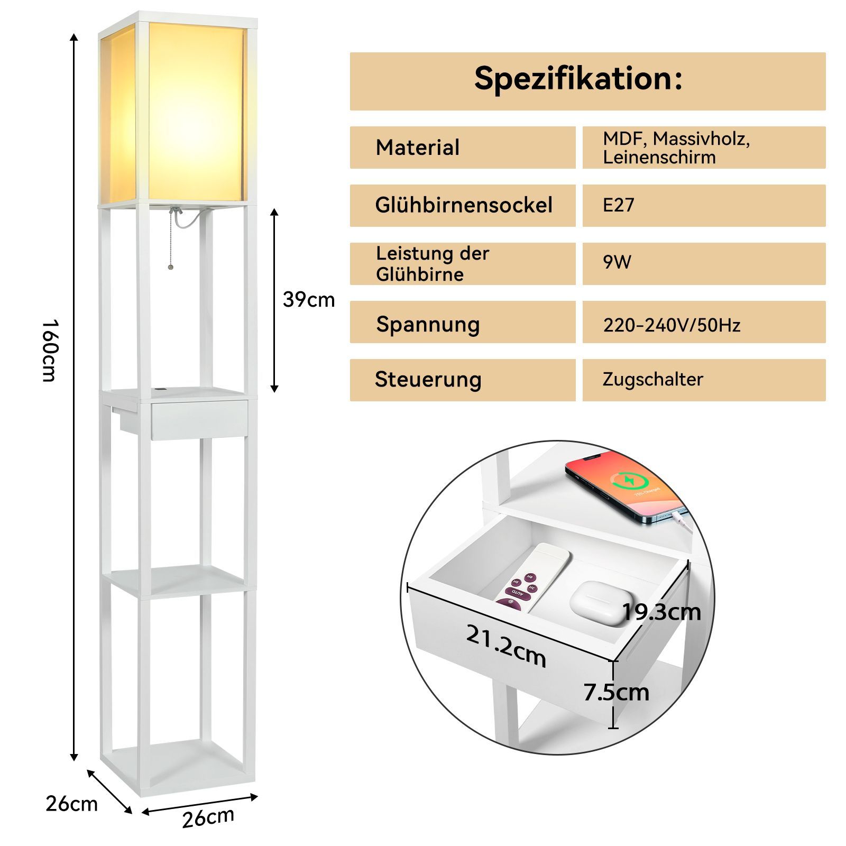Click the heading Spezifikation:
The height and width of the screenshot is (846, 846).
[x=578, y=79]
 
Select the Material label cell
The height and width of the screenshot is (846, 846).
[x=463, y=148]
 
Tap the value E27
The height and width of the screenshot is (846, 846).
[x=619, y=205]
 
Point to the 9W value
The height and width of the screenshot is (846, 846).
[x=617, y=262]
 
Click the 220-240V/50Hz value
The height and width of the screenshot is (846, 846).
[x=672, y=325]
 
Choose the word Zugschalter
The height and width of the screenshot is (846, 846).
[x=653, y=380]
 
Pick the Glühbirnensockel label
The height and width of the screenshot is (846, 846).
[x=464, y=205]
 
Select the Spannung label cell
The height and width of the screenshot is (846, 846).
[x=463, y=322]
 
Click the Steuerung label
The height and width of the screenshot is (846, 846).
[x=428, y=380]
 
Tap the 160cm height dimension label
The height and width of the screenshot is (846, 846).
[x=50, y=350]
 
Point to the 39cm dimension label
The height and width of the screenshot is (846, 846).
[x=309, y=300]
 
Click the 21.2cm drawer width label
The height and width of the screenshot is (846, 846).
[x=506, y=645]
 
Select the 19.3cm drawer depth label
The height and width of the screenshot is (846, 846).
[x=661, y=612]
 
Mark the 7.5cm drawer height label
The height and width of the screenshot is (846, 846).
[x=617, y=692]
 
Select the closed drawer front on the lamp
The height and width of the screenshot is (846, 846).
[x=199, y=420]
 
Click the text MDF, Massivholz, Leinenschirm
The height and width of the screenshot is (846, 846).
[x=676, y=148]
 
